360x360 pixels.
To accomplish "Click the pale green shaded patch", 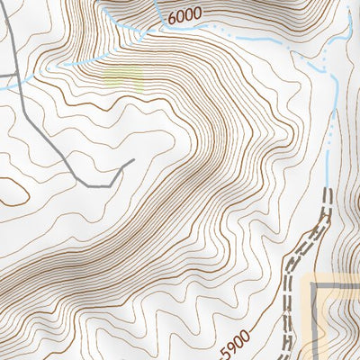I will click(x=124, y=76).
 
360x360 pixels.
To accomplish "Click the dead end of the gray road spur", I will click(x=134, y=160).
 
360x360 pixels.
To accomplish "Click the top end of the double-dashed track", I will click(x=327, y=190).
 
